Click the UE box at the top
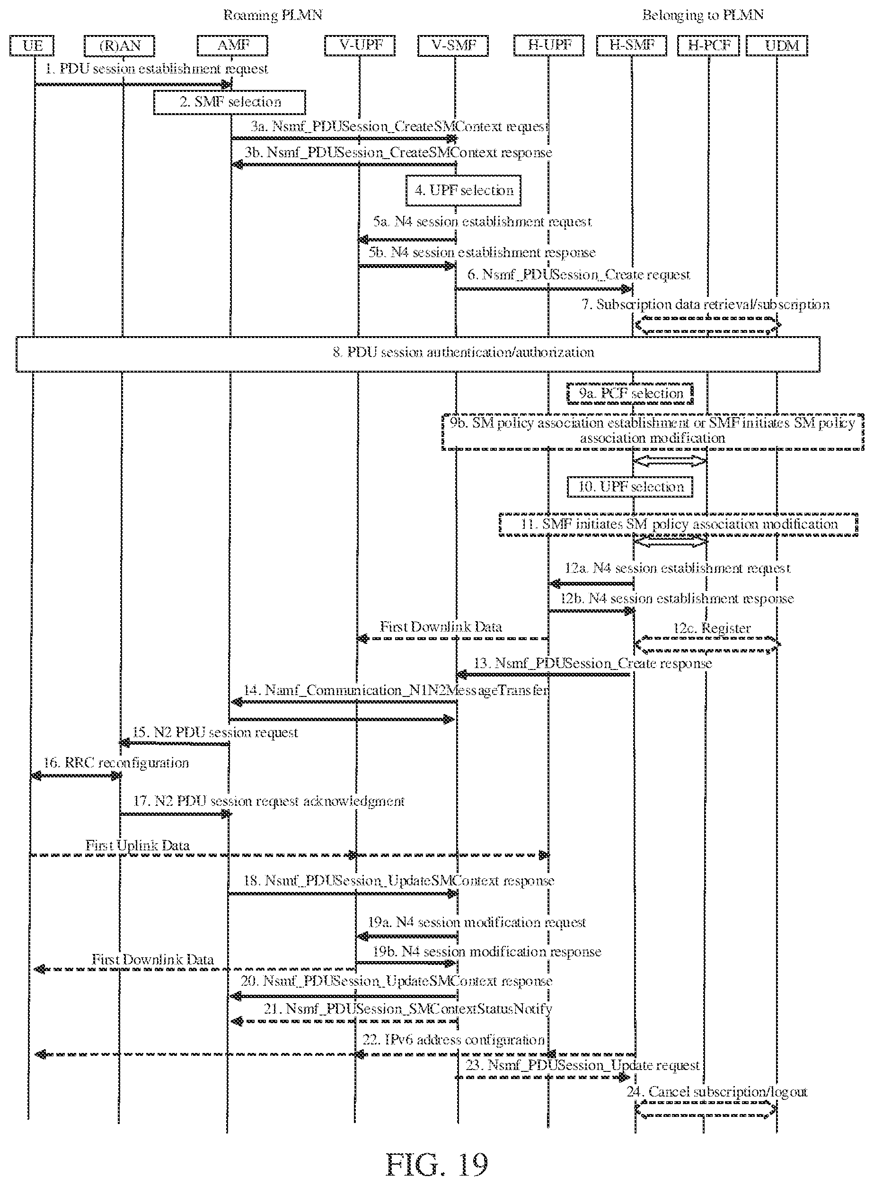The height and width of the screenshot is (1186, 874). [x=32, y=45]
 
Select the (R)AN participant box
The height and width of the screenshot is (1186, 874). [x=120, y=45]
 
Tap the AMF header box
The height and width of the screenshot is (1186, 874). [x=232, y=45]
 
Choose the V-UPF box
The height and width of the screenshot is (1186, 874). [x=360, y=45]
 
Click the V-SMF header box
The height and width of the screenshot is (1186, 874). [x=453, y=45]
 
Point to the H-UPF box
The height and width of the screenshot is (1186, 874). [x=548, y=45]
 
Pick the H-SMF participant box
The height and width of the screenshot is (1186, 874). [x=631, y=45]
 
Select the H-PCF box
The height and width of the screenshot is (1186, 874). [x=708, y=45]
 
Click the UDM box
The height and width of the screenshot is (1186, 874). [x=777, y=45]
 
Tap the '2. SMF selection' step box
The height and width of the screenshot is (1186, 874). [x=230, y=102]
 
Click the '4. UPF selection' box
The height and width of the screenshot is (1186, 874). [x=463, y=190]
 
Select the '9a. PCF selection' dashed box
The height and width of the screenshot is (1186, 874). [x=630, y=393]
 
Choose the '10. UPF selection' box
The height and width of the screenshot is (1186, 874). [x=630, y=487]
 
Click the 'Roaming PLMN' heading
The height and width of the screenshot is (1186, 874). [x=273, y=15]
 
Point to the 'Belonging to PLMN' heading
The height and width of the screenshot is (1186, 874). [x=703, y=15]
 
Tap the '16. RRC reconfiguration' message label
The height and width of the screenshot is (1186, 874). [x=116, y=763]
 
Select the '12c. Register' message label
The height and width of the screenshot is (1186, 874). [x=712, y=628]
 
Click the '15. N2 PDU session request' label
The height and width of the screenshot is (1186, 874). [x=215, y=732]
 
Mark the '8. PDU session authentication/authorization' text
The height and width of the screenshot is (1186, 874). [x=463, y=352]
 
